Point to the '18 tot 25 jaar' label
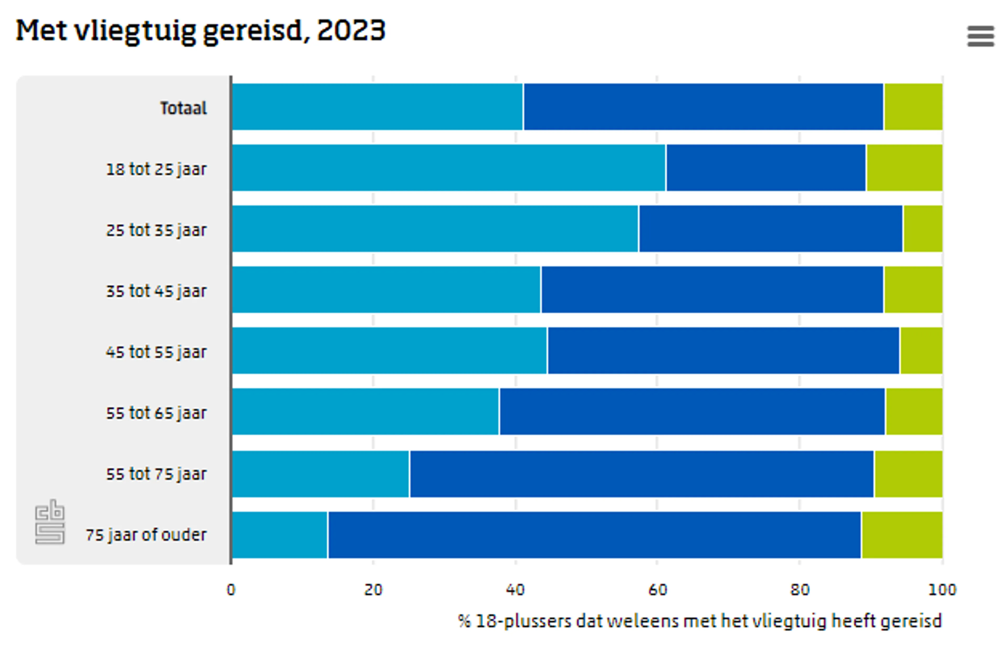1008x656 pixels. [156, 169]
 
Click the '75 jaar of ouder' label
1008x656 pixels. [146, 535]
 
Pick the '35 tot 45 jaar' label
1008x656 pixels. [156, 291]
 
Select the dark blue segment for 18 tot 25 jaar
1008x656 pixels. [766, 168]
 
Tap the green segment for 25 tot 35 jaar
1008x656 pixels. [923, 229]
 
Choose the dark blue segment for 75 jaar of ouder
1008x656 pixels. [594, 535]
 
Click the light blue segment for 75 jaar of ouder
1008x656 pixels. [280, 535]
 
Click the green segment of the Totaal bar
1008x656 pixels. [913, 107]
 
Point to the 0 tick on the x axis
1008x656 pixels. [231, 590]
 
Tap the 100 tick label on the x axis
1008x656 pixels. [942, 590]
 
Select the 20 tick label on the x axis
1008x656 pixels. [373, 590]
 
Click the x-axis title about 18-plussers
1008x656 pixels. [700, 621]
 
